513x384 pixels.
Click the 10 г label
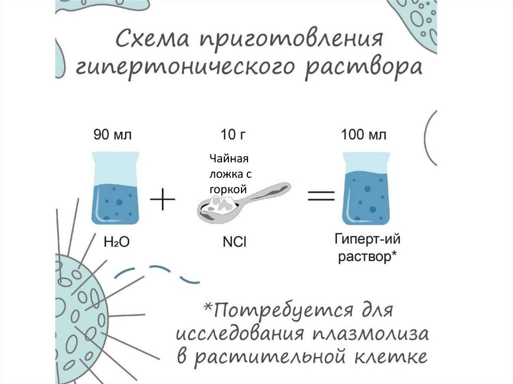[234, 135]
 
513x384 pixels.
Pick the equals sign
[321, 196]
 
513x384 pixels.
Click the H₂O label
[116, 242]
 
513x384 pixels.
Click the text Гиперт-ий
[367, 239]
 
